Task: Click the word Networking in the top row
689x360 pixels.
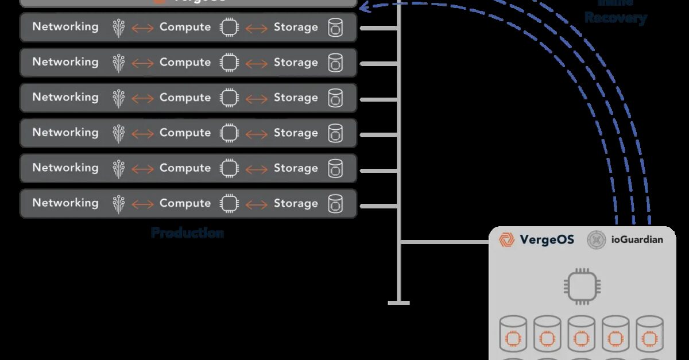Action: pyautogui.click(x=65, y=26)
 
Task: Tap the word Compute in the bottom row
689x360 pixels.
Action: pyautogui.click(x=185, y=203)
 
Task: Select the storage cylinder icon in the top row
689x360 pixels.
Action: pyautogui.click(x=335, y=28)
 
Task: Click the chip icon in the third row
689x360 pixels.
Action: pyautogui.click(x=229, y=98)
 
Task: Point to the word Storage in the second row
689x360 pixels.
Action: pyautogui.click(x=295, y=62)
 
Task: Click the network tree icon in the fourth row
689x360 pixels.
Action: pyautogui.click(x=118, y=133)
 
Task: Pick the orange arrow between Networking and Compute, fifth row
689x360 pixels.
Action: pyautogui.click(x=142, y=169)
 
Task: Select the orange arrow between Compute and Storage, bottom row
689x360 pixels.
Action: pyautogui.click(x=256, y=204)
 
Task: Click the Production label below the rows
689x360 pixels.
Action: pyautogui.click(x=187, y=233)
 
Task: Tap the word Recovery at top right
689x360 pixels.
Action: pyautogui.click(x=616, y=18)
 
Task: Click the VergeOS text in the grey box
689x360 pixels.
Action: pyautogui.click(x=546, y=239)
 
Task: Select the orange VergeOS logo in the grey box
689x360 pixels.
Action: pyautogui.click(x=506, y=239)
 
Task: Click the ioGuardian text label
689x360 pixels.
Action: pyautogui.click(x=637, y=239)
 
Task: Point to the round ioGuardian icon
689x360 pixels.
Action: pyautogui.click(x=597, y=239)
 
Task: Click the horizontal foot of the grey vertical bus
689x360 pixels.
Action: pyautogui.click(x=399, y=303)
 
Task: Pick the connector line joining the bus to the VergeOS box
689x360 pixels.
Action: pyautogui.click(x=445, y=242)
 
